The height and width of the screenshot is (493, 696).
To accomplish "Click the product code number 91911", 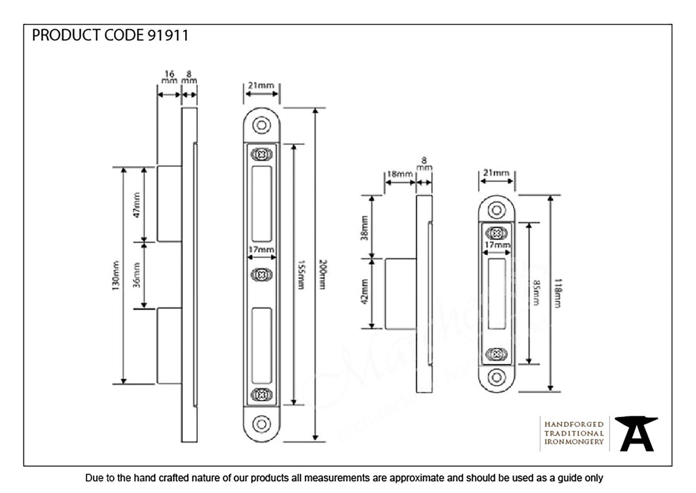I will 167,36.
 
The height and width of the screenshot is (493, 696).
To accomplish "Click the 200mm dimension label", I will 322,274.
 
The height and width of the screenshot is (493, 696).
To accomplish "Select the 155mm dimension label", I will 301,274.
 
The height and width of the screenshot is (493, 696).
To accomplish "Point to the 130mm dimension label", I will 116,275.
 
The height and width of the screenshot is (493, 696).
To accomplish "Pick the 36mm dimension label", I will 137,275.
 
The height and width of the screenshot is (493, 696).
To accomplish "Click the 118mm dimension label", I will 558,294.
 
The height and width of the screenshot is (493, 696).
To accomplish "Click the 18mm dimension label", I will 399,174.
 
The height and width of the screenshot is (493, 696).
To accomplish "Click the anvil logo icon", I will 636,433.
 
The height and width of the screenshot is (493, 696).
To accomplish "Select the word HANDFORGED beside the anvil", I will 573,424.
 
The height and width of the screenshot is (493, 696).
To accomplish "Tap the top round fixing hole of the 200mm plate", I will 261,125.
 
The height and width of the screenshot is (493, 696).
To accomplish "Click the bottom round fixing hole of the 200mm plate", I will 261,424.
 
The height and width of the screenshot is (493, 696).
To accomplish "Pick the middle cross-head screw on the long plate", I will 261,275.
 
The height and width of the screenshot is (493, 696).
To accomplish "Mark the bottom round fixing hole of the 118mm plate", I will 496,377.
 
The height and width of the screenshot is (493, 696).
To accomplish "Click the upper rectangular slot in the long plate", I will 261,205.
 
